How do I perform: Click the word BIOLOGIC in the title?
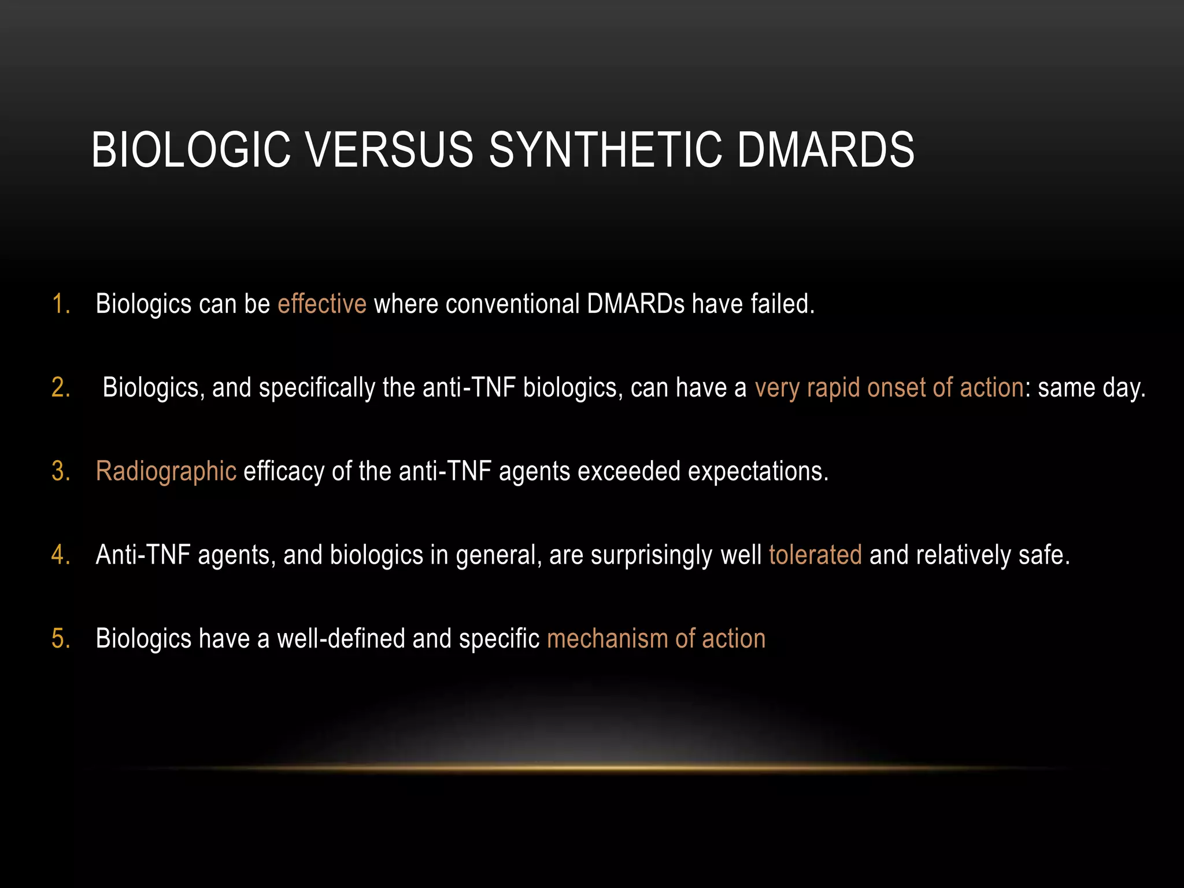[x=191, y=150]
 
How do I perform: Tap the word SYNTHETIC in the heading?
[x=605, y=150]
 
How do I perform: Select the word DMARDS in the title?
[x=826, y=150]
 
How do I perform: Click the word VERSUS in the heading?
[x=389, y=150]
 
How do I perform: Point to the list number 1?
[x=60, y=304]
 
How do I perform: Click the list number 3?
[x=60, y=472]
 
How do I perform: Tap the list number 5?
[x=60, y=639]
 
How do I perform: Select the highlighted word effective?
[x=321, y=304]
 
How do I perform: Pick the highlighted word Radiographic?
[x=166, y=472]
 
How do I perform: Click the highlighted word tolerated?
[x=815, y=555]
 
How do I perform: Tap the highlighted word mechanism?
[x=607, y=639]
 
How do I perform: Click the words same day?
[x=1090, y=388]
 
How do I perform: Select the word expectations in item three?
[x=758, y=472]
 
